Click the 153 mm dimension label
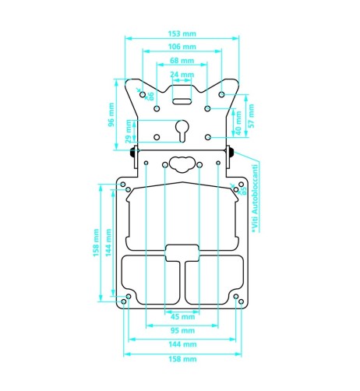click(182, 33)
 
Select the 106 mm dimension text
click(182, 48)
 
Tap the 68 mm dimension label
click(182, 61)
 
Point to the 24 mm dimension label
click(182, 75)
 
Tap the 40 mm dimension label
click(238, 122)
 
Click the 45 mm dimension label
click(182, 316)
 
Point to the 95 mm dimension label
click(182, 330)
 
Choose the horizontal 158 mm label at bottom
click(182, 358)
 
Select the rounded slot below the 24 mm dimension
click(182, 100)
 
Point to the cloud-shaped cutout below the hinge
click(182, 164)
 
